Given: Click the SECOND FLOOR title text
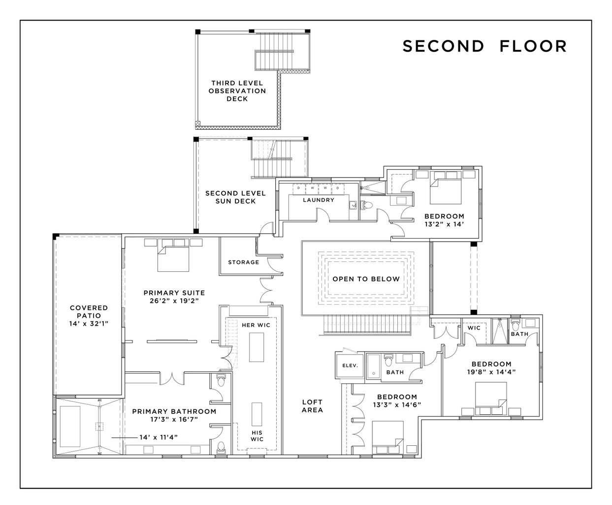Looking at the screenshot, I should [484, 46].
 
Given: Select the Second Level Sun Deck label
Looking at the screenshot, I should [235, 197].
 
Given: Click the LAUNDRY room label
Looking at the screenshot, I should [319, 200].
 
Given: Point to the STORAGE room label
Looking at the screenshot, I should [243, 262].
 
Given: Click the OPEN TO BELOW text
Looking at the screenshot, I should [366, 279].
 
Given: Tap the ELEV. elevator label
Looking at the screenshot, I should [350, 365].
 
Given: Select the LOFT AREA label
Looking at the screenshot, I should [312, 406].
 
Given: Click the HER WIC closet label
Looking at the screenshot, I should [256, 325].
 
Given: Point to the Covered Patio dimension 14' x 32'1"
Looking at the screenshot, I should [89, 324].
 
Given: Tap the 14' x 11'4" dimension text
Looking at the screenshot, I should [159, 437].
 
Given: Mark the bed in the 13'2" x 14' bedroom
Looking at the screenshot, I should [445, 191].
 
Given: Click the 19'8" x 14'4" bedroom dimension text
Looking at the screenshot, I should [492, 372].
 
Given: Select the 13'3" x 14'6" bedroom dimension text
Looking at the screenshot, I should [397, 404].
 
